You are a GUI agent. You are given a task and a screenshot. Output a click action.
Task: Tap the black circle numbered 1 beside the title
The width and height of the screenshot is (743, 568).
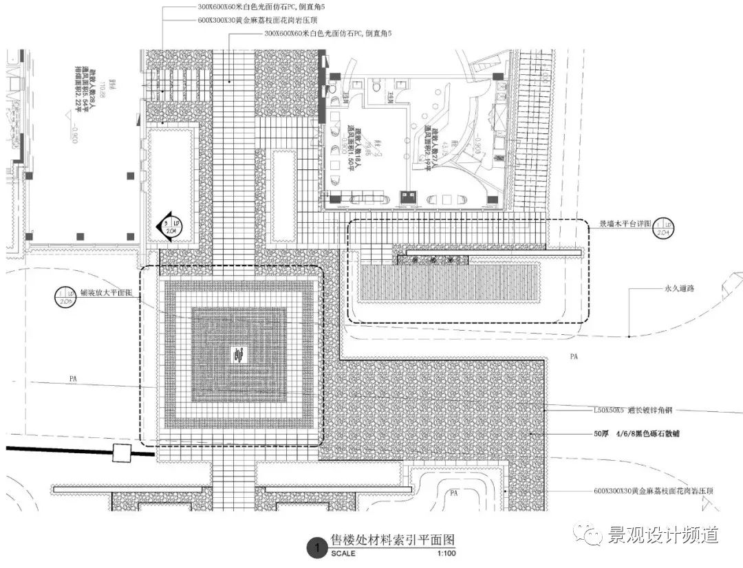[316, 548]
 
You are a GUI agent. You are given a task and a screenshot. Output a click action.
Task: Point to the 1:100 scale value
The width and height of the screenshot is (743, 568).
[446, 554]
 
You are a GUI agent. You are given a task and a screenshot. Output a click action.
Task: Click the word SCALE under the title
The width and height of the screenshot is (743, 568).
[343, 554]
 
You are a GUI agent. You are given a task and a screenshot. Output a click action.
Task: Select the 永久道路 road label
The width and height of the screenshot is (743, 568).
[679, 289]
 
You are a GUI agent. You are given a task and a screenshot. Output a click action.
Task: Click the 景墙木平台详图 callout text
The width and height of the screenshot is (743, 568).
[623, 224]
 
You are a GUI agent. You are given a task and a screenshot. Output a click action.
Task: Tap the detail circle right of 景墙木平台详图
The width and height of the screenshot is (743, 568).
[663, 226]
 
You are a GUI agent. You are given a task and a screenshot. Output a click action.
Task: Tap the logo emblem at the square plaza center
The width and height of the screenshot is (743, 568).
[239, 356]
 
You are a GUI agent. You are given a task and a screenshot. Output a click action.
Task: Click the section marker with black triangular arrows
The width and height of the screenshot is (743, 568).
[168, 226]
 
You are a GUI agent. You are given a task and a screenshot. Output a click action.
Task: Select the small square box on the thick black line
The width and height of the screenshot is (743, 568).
[122, 453]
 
